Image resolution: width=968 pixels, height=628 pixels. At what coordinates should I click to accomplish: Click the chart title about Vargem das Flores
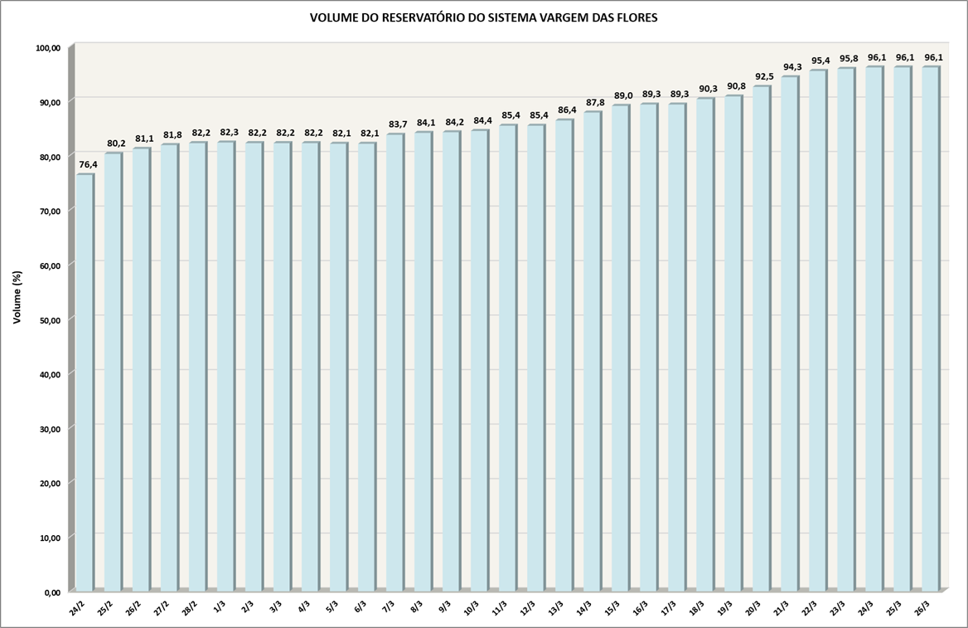click(483, 17)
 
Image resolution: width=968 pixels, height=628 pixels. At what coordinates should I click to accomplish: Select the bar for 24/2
click(85, 382)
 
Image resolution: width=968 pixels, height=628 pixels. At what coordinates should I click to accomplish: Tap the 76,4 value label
click(88, 165)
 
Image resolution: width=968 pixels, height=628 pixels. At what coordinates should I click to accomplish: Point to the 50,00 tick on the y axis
click(50, 319)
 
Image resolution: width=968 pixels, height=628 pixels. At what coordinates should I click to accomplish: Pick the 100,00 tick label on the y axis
click(48, 48)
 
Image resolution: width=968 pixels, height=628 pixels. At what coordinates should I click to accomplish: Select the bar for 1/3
click(226, 365)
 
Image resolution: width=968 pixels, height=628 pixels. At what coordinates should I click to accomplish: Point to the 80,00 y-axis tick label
click(50, 157)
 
